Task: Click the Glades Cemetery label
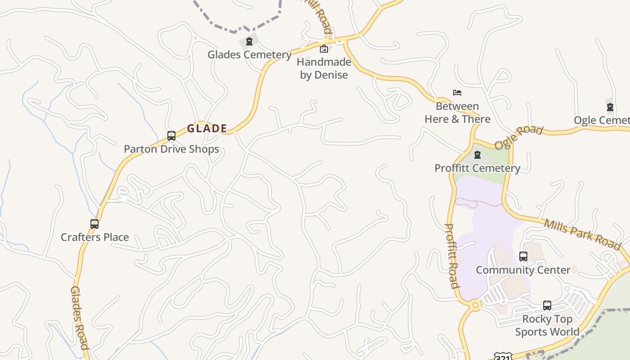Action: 249,55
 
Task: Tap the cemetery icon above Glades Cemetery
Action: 249,42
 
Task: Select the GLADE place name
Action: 207,129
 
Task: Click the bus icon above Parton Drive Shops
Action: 171,136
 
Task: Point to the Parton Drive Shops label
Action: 171,149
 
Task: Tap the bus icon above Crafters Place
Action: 94,224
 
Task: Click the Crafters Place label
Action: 94,237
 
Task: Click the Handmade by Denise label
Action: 324,68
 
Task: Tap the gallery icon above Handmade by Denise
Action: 324,49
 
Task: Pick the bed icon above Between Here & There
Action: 457,93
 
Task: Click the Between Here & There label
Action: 457,113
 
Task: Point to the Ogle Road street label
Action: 519,137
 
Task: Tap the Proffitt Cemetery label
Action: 477,168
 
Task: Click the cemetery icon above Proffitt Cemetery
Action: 477,155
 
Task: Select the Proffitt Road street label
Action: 451,256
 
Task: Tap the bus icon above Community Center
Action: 523,256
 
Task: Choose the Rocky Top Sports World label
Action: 547,325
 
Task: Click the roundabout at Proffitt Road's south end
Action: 475,305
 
